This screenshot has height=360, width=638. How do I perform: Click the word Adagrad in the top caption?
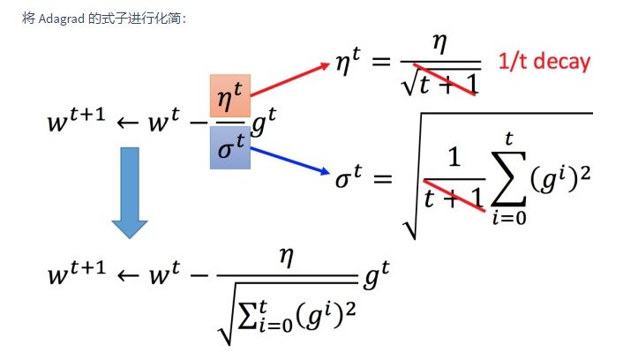point(56,19)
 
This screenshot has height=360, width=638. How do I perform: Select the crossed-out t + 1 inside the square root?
point(452,199)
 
